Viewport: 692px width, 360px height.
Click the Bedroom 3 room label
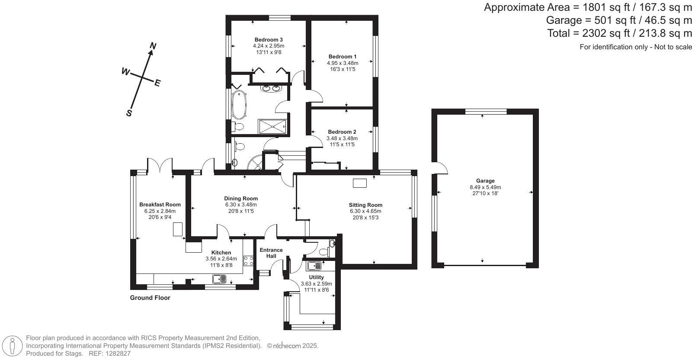[268, 40]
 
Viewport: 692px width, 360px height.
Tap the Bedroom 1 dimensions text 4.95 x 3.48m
[342, 63]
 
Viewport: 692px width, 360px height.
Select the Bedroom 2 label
[342, 132]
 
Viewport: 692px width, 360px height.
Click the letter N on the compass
[152, 46]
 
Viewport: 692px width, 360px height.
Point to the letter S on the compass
[128, 113]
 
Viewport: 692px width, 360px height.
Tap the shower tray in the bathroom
[272, 127]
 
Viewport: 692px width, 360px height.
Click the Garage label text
[485, 181]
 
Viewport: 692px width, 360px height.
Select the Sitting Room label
[365, 205]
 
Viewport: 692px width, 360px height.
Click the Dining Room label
[241, 199]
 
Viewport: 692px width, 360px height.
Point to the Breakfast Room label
[160, 205]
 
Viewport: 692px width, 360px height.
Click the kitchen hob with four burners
[249, 260]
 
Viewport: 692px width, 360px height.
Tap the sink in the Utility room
[314, 266]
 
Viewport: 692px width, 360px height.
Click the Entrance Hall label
[271, 253]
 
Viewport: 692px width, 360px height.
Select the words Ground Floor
[150, 298]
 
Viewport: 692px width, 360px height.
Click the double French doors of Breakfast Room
[160, 167]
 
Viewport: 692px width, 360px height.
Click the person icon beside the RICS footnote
[13, 346]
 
